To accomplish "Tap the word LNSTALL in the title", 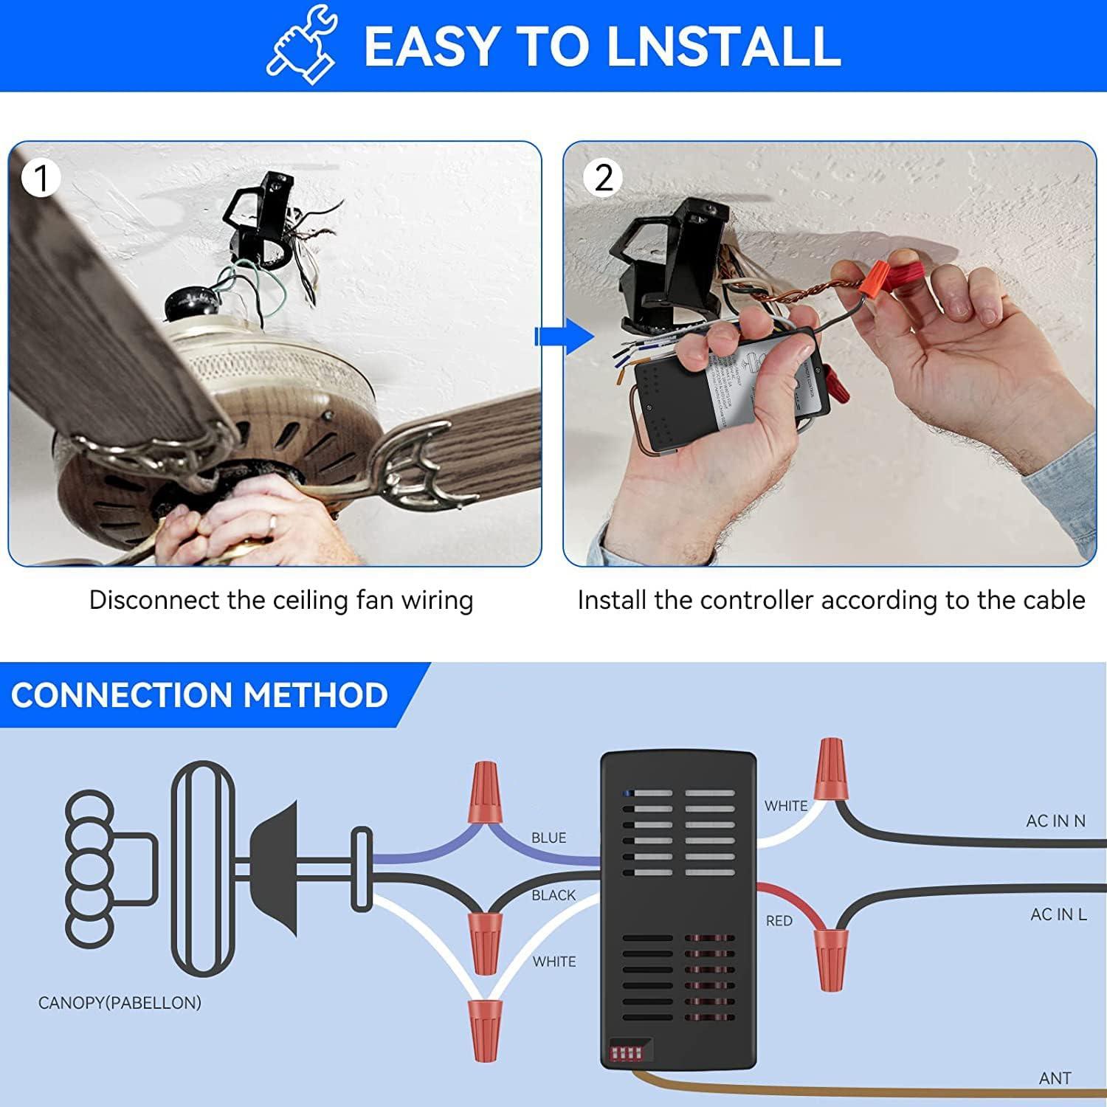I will point(723,46).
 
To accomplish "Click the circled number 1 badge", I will point(41,179).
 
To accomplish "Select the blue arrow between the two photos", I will point(564,337).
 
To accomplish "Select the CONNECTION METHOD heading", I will point(199,695).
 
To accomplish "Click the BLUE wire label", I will point(548,838).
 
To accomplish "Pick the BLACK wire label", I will point(553,895).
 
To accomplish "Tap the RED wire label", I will point(779,921).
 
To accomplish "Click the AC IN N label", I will point(1055,821).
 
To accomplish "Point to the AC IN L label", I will point(1058,914).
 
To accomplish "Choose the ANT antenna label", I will point(1055,1078).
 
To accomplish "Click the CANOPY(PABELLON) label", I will point(120,1003).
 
